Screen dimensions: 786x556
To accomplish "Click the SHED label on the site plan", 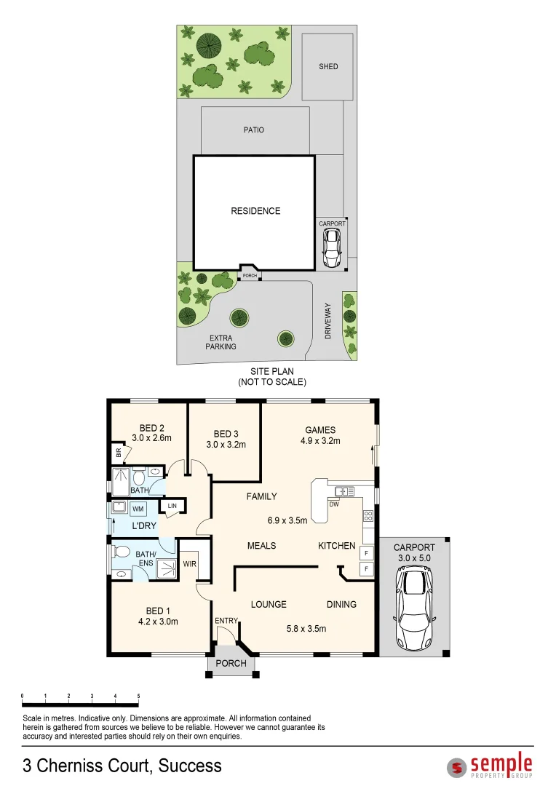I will [x=328, y=67].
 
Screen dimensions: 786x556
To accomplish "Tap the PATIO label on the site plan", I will [x=254, y=130].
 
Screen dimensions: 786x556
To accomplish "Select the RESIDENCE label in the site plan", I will [x=255, y=211].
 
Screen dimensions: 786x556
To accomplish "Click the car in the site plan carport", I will [x=332, y=247].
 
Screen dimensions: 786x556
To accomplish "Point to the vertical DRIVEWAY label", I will [x=328, y=321].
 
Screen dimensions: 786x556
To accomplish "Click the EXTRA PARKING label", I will [x=221, y=342].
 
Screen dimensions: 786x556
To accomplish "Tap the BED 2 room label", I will [x=151, y=428].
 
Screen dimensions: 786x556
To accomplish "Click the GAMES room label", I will [x=320, y=430].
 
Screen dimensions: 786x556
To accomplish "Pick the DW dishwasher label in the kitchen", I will [x=333, y=504].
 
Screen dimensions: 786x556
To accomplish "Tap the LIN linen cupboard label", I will [x=172, y=506].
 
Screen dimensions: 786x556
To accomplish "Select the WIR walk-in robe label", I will [x=189, y=563].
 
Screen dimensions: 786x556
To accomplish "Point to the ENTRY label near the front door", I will [x=226, y=620].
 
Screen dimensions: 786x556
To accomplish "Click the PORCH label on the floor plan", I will [x=231, y=663].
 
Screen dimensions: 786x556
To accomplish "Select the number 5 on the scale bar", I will [x=138, y=696].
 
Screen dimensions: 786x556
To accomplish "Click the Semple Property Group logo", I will [x=490, y=766].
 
